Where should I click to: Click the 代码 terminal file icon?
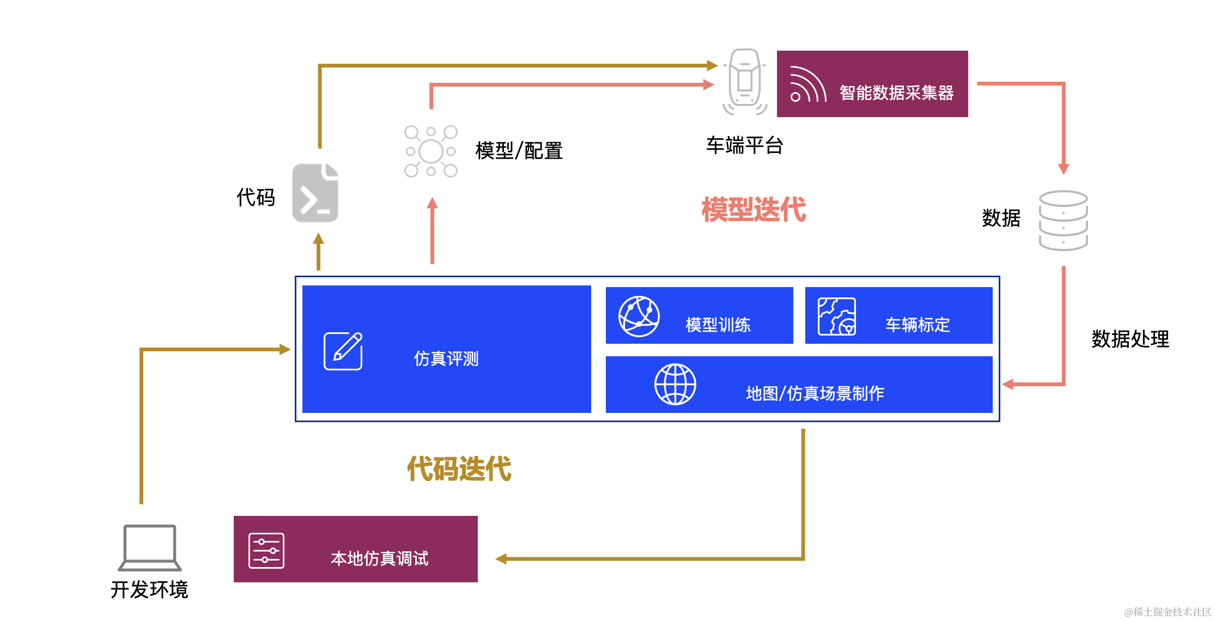(x=315, y=193)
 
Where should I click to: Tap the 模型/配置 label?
(x=519, y=151)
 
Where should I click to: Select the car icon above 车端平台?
(x=745, y=81)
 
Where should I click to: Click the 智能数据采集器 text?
(x=896, y=93)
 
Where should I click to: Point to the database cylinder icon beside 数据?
(x=1063, y=220)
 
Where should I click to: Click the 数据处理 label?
(x=1130, y=339)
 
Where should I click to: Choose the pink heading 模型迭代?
(x=754, y=210)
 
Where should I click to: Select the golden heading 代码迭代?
(x=459, y=468)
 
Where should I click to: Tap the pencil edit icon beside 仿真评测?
(x=343, y=351)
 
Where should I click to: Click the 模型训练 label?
(x=718, y=325)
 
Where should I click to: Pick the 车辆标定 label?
(x=918, y=325)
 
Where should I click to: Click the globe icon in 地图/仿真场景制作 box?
(x=675, y=384)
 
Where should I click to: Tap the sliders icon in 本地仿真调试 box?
(x=266, y=550)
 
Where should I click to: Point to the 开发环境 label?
(x=149, y=589)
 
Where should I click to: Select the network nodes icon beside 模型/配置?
(x=430, y=151)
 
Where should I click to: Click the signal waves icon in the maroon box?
(x=807, y=85)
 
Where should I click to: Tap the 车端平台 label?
(x=744, y=145)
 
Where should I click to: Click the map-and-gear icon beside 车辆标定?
(x=836, y=316)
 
